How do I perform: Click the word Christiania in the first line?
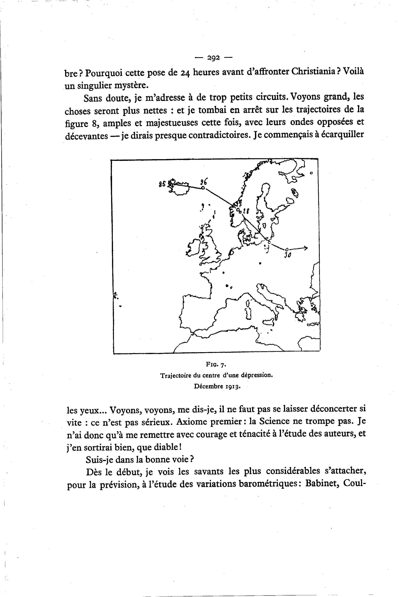[x=313, y=72]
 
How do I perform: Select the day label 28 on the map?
[x=246, y=211]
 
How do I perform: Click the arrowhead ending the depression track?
[x=306, y=248]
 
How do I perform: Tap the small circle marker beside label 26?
[x=203, y=188]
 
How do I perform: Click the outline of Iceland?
[x=180, y=188]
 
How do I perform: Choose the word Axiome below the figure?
[x=192, y=422]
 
